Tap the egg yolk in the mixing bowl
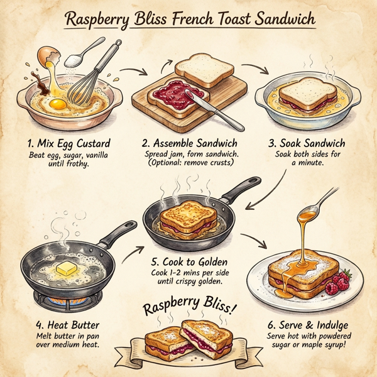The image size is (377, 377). [x=57, y=102]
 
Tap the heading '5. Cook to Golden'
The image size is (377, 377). [x=188, y=261]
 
